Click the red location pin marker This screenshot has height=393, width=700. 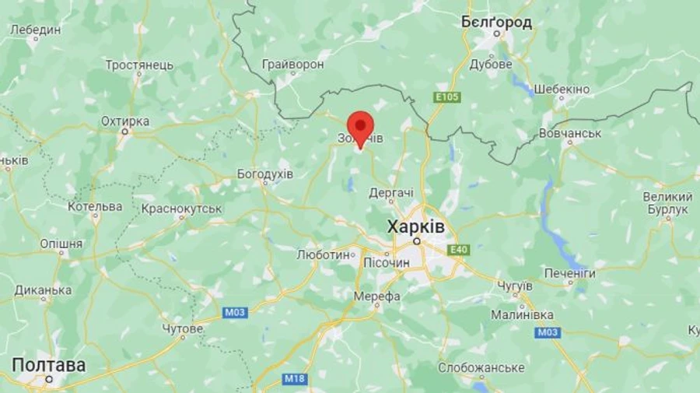360,127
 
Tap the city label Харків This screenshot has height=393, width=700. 416,226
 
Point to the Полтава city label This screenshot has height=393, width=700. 48,365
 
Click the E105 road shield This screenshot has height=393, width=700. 447,97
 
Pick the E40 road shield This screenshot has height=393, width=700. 458,250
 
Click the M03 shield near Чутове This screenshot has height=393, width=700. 235,313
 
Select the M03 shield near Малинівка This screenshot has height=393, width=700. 547,332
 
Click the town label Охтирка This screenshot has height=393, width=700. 124,121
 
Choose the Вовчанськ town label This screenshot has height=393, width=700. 571,134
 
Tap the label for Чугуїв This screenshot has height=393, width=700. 514,286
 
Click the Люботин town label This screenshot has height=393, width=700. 323,254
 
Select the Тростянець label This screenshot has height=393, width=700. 139,65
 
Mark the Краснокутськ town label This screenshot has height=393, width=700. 182,209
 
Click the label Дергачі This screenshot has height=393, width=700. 391,192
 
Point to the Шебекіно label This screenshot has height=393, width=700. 562,89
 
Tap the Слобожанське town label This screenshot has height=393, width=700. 481,367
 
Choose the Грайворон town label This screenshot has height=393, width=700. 292,64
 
